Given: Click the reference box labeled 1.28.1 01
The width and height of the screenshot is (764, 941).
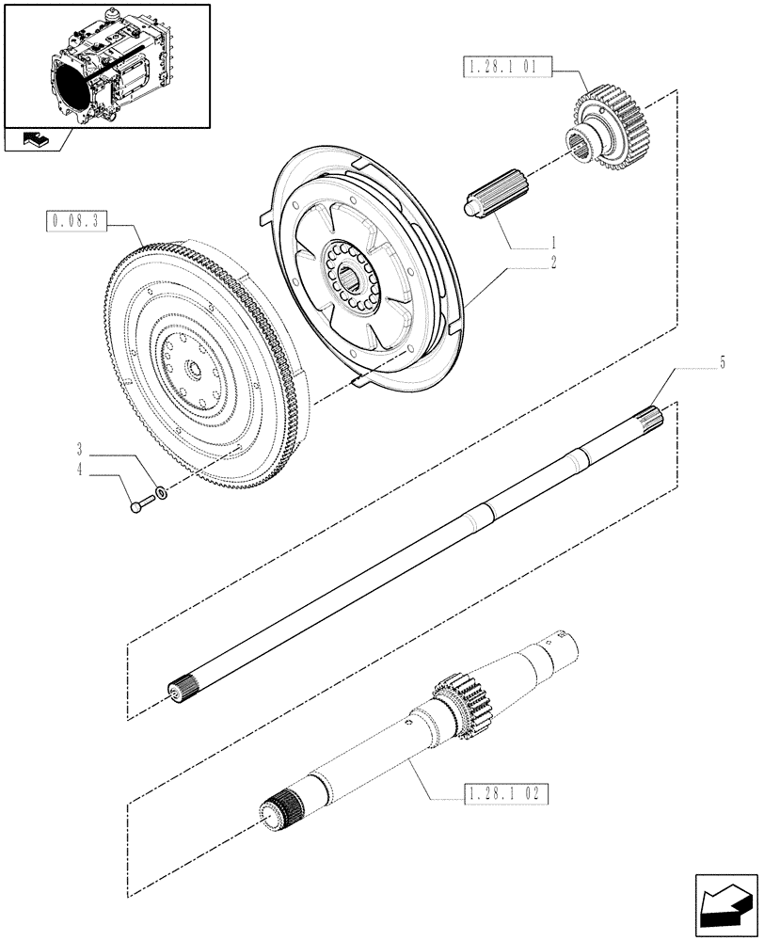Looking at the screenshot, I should [x=505, y=69].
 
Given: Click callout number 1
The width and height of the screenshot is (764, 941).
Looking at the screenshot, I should [x=555, y=242].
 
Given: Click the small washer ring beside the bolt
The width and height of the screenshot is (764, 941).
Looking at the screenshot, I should [x=163, y=492].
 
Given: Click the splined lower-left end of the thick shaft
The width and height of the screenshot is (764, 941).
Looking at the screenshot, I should [x=276, y=807].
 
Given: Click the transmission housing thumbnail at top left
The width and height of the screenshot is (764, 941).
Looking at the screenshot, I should [x=106, y=66].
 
